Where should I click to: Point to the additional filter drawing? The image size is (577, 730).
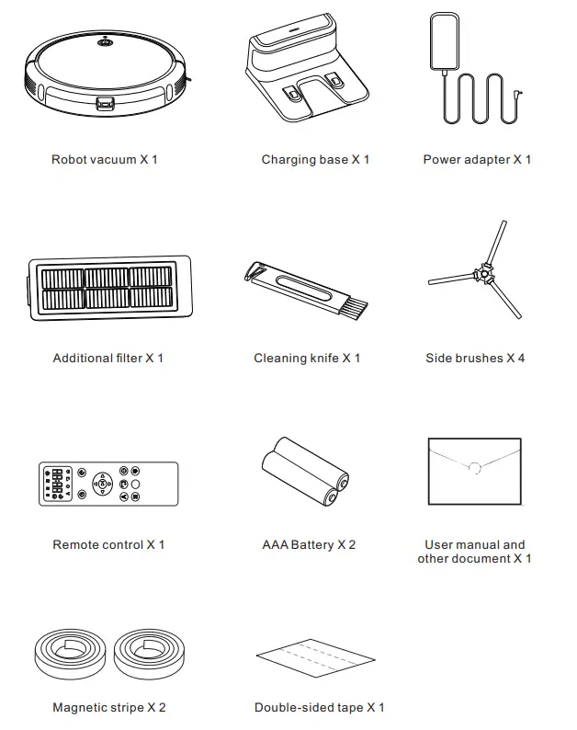[x=109, y=288]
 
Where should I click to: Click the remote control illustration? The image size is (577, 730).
[x=107, y=484]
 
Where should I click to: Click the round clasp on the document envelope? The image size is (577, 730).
[x=475, y=468]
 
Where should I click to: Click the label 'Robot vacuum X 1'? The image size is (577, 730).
[x=104, y=160]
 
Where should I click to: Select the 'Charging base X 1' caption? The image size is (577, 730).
[x=315, y=160]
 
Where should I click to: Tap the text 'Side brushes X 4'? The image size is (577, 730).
[x=475, y=359]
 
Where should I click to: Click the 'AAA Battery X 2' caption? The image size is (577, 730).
[x=309, y=545]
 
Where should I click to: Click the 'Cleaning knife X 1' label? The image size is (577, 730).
[x=307, y=359]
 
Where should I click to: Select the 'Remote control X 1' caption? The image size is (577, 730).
[x=108, y=545]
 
